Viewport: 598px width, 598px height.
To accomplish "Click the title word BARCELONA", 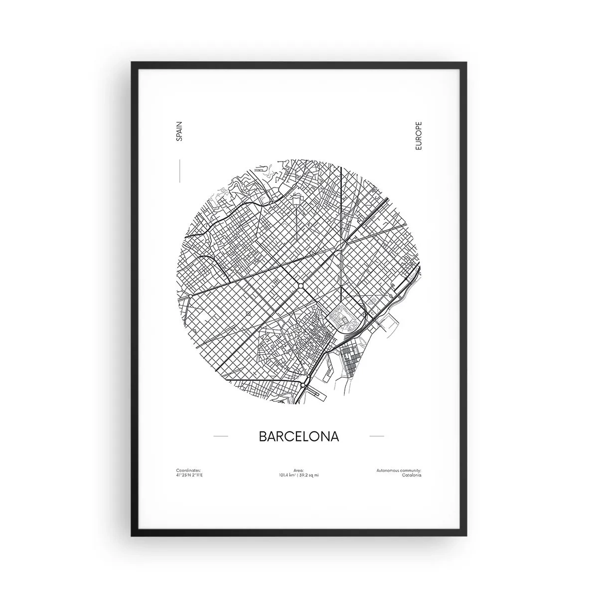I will point(299,436).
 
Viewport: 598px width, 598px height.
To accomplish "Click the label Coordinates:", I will point(188,470).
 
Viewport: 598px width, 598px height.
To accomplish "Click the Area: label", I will point(299,470).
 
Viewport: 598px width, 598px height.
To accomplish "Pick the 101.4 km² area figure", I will point(288,475).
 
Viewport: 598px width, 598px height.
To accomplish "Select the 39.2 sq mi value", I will point(310,475).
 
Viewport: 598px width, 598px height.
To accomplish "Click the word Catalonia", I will point(411,475).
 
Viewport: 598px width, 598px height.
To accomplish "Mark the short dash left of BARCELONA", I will point(220,437).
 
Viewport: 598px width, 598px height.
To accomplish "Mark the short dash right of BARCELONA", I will point(376,437).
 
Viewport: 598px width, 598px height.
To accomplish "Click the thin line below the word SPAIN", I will point(179,170).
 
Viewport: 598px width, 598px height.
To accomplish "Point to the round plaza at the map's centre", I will point(301,285).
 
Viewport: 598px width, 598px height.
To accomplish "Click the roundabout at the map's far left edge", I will point(190,296).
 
